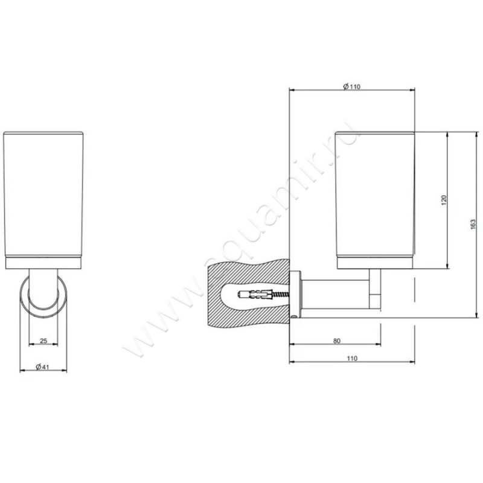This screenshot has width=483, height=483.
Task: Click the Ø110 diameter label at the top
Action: point(351,86)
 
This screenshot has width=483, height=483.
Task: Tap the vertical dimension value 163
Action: point(473,223)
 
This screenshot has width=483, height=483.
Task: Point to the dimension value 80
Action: point(336,341)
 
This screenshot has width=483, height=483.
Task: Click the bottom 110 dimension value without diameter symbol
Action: point(352,359)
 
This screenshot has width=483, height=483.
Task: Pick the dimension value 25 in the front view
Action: point(43,341)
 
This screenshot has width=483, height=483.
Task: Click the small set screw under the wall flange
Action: point(294,315)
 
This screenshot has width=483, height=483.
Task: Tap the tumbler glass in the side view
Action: point(374,193)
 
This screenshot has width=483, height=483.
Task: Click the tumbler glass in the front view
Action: point(43,193)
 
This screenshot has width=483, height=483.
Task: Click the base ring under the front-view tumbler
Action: point(43,263)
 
